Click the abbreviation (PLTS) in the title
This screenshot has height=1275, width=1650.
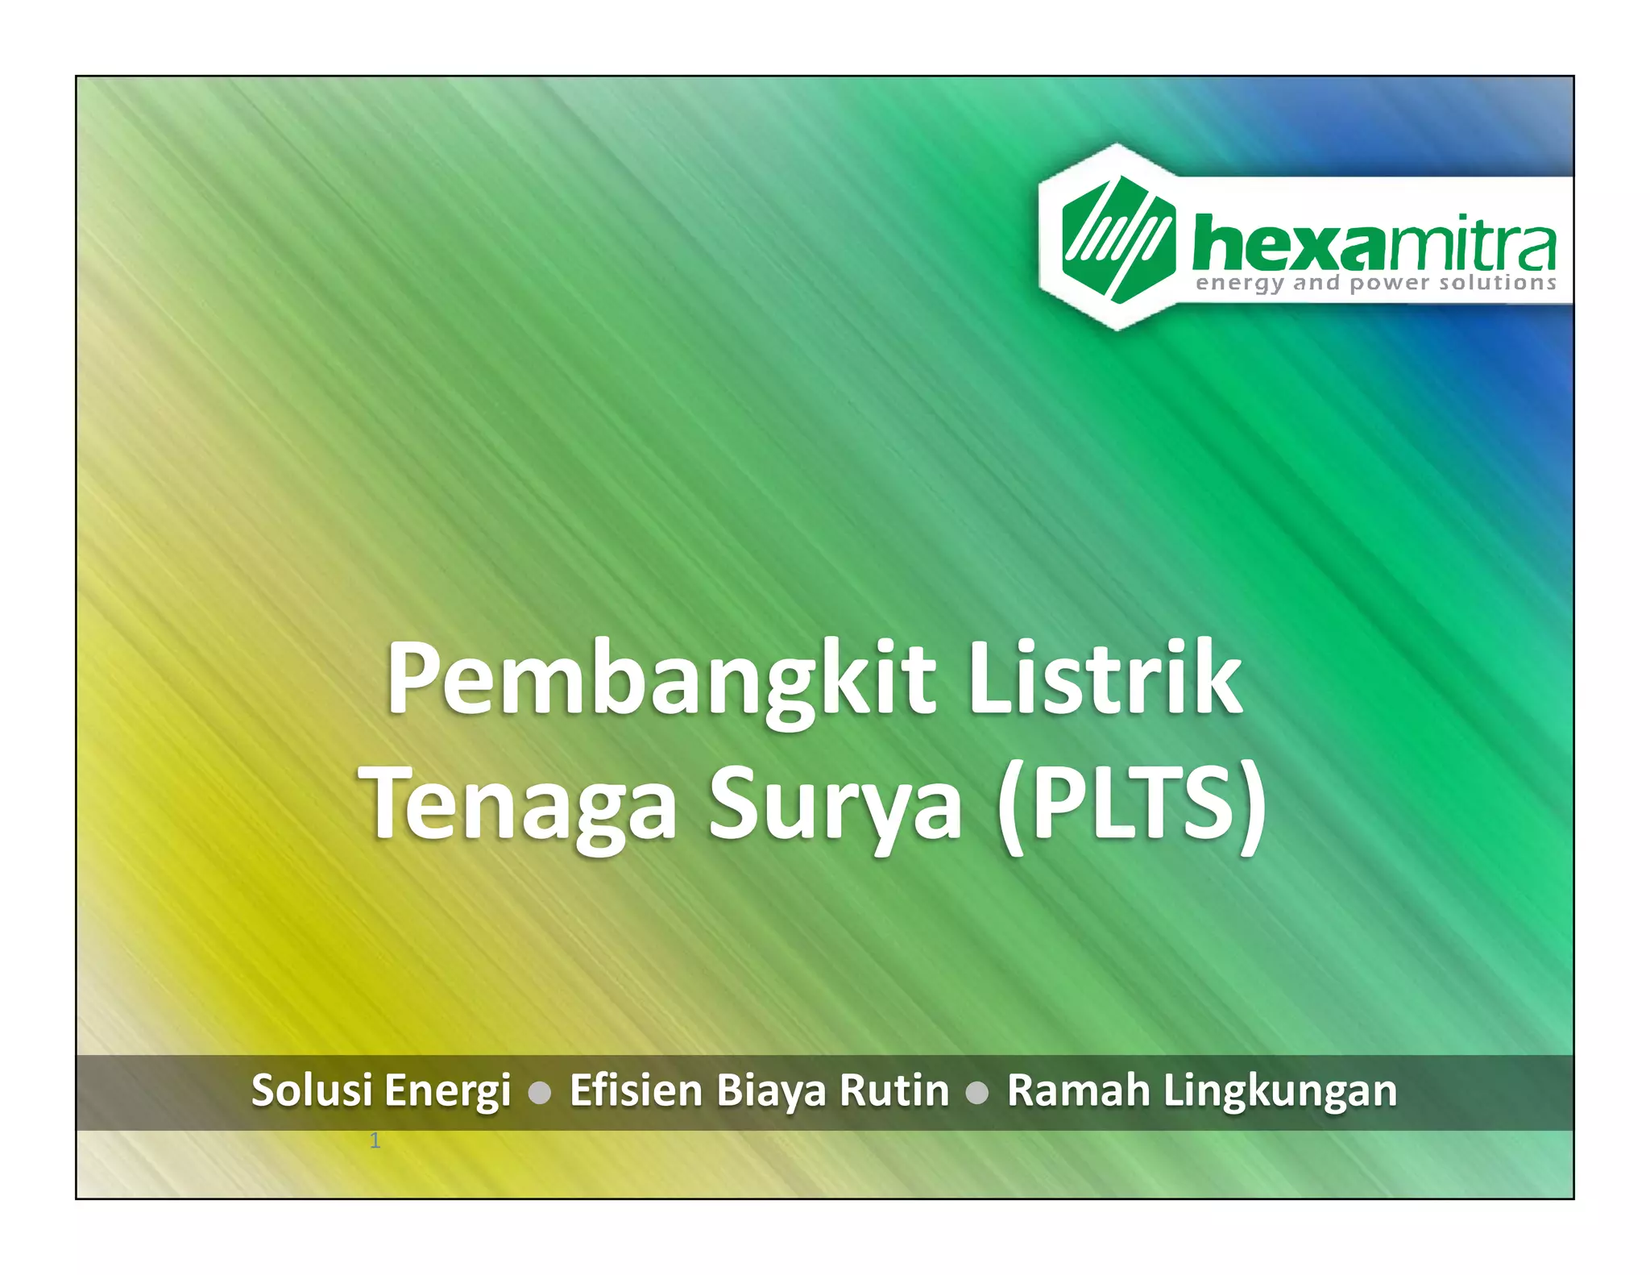point(1131,804)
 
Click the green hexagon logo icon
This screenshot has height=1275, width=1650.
point(1117,239)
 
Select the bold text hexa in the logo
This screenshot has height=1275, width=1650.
point(1287,243)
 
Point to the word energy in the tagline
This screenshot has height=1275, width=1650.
point(1239,284)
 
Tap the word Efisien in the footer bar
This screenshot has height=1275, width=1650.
point(636,1090)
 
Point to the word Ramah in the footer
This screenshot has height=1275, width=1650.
point(1078,1090)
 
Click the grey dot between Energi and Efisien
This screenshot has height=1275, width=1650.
point(540,1093)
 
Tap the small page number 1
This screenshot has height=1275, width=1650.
point(375,1140)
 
